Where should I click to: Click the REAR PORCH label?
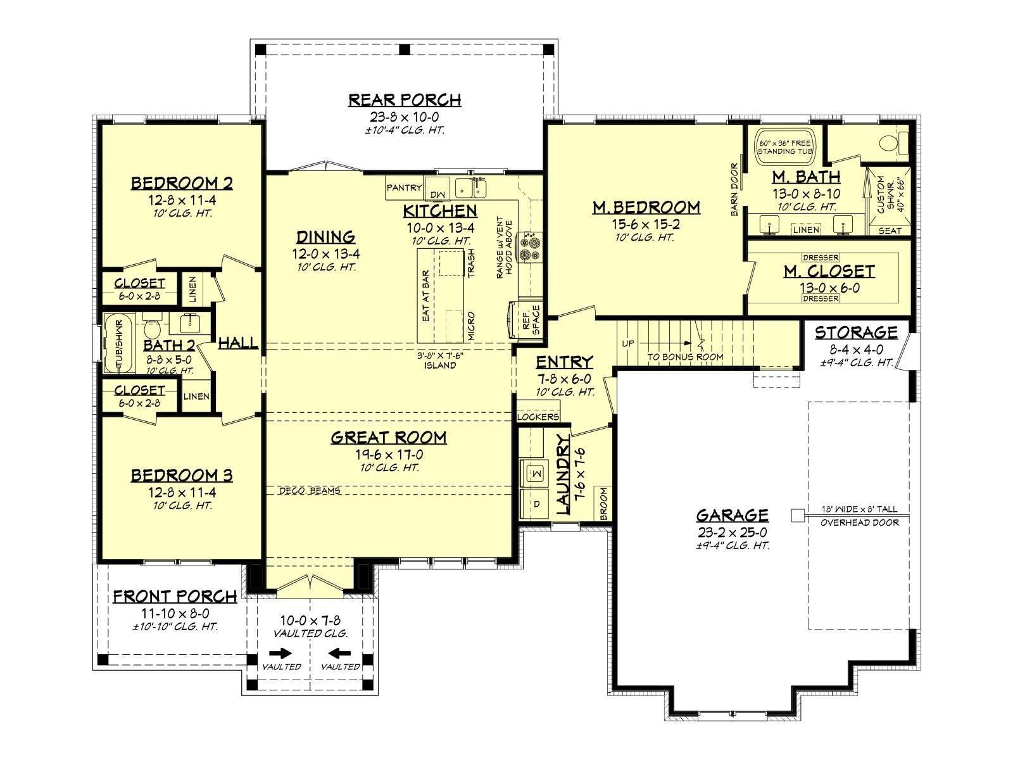pyautogui.click(x=405, y=100)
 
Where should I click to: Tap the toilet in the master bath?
pyautogui.click(x=893, y=143)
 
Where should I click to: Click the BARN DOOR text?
pyautogui.click(x=734, y=189)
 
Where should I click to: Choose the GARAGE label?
pyautogui.click(x=733, y=515)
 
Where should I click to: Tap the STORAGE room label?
pyautogui.click(x=856, y=332)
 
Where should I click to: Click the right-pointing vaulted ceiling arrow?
pyautogui.click(x=280, y=654)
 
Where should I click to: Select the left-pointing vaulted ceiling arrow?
pyautogui.click(x=339, y=654)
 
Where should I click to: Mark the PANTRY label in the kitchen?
pyautogui.click(x=404, y=187)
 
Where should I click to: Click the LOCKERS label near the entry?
pyautogui.click(x=538, y=417)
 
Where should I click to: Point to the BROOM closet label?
pyautogui.click(x=603, y=503)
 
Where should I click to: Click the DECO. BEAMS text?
pyautogui.click(x=310, y=490)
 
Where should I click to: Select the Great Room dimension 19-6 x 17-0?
pyautogui.click(x=389, y=455)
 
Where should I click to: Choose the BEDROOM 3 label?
pyautogui.click(x=182, y=475)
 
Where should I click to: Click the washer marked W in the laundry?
pyautogui.click(x=535, y=472)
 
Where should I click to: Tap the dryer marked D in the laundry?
pyautogui.click(x=535, y=504)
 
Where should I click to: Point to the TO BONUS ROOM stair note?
pyautogui.click(x=685, y=357)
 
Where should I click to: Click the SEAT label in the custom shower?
pyautogui.click(x=890, y=231)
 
